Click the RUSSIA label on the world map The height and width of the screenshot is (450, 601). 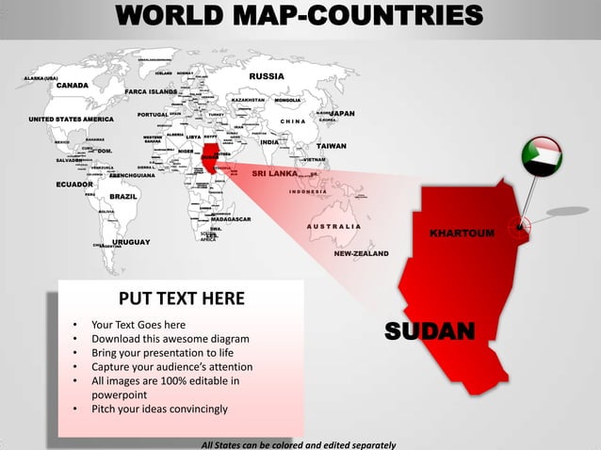(x=267, y=76)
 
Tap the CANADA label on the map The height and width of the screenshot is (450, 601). (x=72, y=86)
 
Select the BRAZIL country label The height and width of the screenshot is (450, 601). (x=123, y=196)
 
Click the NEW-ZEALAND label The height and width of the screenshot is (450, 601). (x=361, y=253)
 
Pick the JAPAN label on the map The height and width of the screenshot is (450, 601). (x=341, y=113)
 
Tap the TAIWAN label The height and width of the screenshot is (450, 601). (x=331, y=147)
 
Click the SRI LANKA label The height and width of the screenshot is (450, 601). (x=274, y=174)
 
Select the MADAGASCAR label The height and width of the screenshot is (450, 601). (x=230, y=219)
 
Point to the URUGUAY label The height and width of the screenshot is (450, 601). (x=131, y=243)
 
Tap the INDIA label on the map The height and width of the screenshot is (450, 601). (x=270, y=142)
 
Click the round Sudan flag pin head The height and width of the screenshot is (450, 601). (x=542, y=157)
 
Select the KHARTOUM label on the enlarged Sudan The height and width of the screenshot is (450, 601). (x=462, y=233)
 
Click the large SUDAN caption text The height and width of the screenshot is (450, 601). (x=429, y=330)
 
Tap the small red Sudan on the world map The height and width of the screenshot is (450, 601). (x=209, y=157)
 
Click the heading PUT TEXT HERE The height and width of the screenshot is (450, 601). (x=182, y=299)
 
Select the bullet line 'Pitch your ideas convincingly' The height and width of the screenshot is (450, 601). (x=159, y=410)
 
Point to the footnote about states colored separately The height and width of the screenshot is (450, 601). (x=299, y=443)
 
